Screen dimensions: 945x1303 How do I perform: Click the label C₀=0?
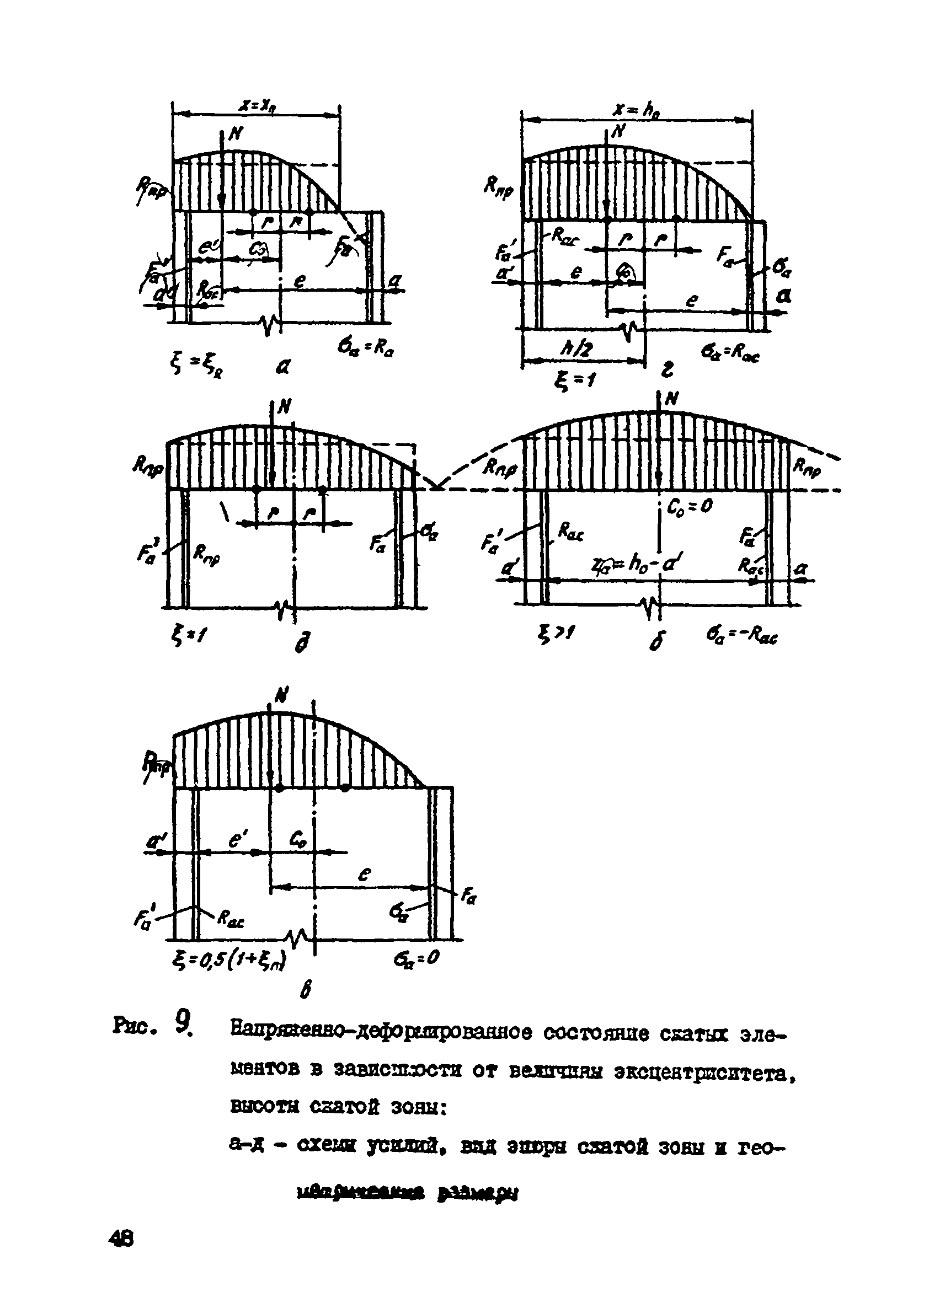tap(690, 506)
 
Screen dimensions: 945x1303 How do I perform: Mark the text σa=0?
tap(416, 958)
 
